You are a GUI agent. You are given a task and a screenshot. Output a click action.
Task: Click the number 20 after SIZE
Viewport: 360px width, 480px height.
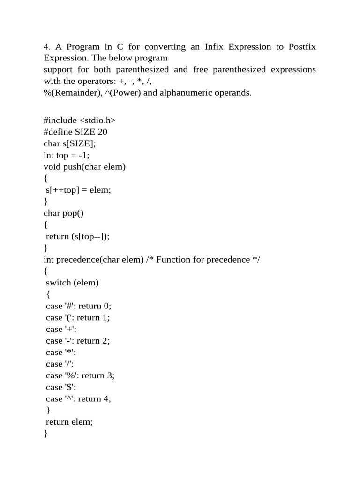coord(103,132)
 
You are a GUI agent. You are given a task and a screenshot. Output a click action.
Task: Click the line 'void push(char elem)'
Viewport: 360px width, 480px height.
coord(84,166)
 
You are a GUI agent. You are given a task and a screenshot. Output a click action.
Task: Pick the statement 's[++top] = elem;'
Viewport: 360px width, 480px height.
coord(78,190)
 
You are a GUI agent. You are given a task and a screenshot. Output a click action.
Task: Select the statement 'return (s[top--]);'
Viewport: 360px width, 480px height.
coord(78,236)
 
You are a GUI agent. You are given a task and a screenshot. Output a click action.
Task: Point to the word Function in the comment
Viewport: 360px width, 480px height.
coord(173,259)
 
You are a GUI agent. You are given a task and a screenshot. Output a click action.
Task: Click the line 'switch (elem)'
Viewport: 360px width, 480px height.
coord(73,283)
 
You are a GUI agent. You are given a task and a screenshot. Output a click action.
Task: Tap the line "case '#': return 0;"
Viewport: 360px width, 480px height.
coord(79,306)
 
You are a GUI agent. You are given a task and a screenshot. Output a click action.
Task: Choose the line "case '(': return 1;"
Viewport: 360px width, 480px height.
coord(78,317)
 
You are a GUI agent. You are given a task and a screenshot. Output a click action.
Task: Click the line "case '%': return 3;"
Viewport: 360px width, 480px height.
coord(80,375)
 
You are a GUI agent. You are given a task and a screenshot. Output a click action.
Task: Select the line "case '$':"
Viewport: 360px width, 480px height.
coord(61,387)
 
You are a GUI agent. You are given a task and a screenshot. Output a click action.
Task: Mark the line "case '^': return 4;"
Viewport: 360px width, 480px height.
coord(79,399)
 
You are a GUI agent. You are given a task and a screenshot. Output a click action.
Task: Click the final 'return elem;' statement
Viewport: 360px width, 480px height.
coord(69,422)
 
